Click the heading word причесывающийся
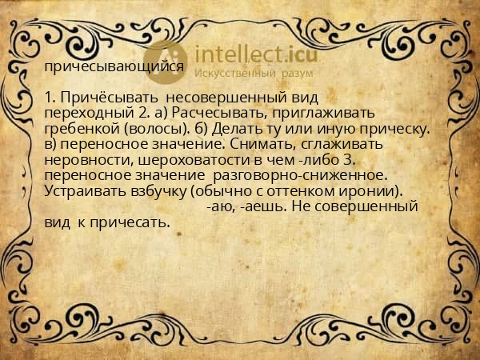coord(114,67)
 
